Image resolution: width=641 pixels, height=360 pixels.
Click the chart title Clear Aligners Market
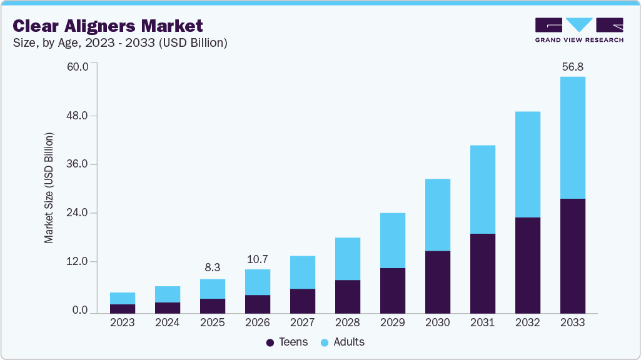(108, 26)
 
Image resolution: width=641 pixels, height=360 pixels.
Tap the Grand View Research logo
(579, 30)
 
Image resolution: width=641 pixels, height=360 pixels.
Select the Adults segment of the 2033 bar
(572, 137)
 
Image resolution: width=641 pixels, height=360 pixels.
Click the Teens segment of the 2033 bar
(572, 256)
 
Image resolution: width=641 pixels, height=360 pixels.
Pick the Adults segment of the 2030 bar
(437, 215)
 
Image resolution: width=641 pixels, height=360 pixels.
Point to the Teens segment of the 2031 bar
(482, 273)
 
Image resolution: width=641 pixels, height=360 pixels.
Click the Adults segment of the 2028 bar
(347, 259)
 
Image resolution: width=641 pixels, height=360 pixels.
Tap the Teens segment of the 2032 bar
(527, 265)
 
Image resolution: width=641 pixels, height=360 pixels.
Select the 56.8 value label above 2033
(572, 66)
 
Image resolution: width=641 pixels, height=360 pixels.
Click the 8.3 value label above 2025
(213, 267)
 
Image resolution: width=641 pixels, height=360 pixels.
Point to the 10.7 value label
(257, 258)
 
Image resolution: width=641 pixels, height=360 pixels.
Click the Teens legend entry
(287, 342)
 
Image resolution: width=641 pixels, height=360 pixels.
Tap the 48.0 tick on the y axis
(78, 116)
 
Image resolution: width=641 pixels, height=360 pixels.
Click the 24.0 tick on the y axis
(78, 213)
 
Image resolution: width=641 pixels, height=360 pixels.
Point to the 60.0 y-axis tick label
(78, 67)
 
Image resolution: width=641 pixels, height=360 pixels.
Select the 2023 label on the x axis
(123, 323)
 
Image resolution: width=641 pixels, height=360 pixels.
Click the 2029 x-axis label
(392, 323)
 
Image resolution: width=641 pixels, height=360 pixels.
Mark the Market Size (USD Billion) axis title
(49, 187)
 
